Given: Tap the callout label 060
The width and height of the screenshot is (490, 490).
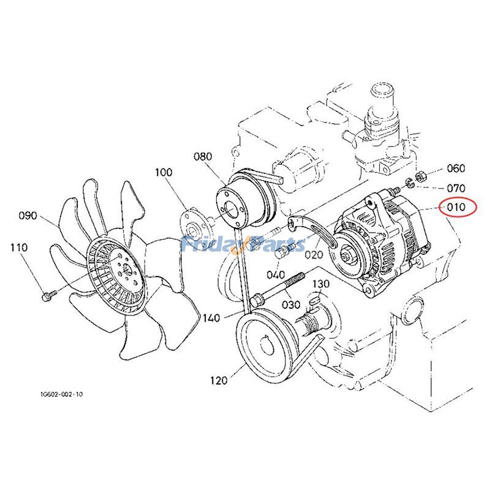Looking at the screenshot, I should click(455, 168).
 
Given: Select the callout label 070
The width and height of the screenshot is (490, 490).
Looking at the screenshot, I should click(455, 188).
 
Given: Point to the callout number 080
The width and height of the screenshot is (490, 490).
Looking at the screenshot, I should click(203, 157).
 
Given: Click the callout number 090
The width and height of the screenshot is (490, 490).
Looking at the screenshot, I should click(28, 216).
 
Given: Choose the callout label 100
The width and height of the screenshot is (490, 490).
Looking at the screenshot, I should click(164, 173).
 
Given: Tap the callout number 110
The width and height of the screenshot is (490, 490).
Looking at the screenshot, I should click(19, 247).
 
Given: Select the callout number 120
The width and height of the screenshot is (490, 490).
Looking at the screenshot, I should click(217, 380).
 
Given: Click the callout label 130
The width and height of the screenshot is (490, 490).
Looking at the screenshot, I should click(321, 284).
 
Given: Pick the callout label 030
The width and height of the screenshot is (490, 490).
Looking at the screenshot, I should click(291, 304).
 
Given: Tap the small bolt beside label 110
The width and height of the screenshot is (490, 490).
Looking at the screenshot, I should click(47, 297).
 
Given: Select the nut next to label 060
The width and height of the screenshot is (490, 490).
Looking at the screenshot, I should click(420, 177).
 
